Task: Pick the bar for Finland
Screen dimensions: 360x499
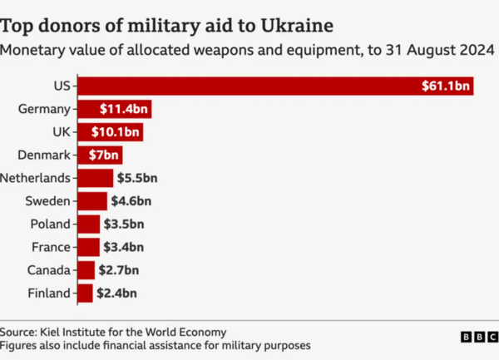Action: pyautogui.click(x=85, y=293)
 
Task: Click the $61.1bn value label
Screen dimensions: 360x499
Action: pyautogui.click(x=446, y=86)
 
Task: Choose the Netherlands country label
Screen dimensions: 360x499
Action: pyautogui.click(x=37, y=178)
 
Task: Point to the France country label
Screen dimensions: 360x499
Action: pyautogui.click(x=50, y=247)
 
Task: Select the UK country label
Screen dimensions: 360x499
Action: pyautogui.click(x=61, y=132)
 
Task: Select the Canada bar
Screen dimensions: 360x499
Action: pyautogui.click(x=86, y=269)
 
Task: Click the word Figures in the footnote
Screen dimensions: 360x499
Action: pyautogui.click(x=20, y=344)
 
